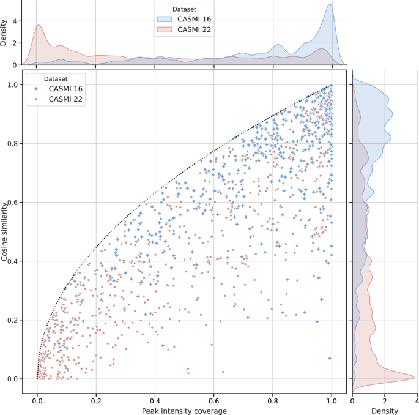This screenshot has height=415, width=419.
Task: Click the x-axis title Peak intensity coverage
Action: coord(184,410)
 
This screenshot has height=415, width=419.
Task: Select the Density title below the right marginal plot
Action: coord(385,410)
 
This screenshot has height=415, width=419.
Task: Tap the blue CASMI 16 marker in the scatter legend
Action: coord(37,89)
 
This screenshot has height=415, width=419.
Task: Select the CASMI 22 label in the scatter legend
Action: coord(66,99)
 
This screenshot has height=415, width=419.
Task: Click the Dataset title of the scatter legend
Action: coord(51,78)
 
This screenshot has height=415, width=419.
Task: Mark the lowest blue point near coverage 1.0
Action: coord(330,358)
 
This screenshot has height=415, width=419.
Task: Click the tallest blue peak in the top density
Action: coord(330,4)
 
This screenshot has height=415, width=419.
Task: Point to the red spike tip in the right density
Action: coord(414,377)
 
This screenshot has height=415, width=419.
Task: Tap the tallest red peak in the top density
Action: coord(39,25)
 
